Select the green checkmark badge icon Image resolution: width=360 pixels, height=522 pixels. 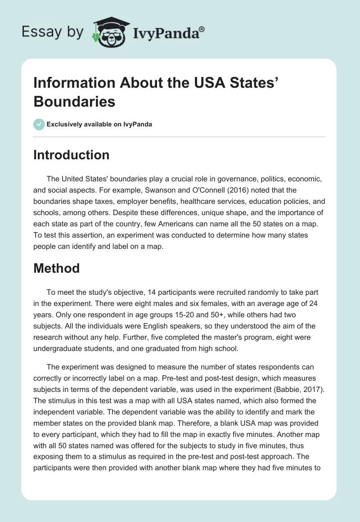pyautogui.click(x=39, y=124)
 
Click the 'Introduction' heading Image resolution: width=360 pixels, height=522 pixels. pyautogui.click(x=72, y=155)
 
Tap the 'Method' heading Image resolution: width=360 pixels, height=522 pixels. pyautogui.click(x=57, y=268)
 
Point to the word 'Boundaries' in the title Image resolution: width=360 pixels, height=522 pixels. pyautogui.click(x=74, y=101)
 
